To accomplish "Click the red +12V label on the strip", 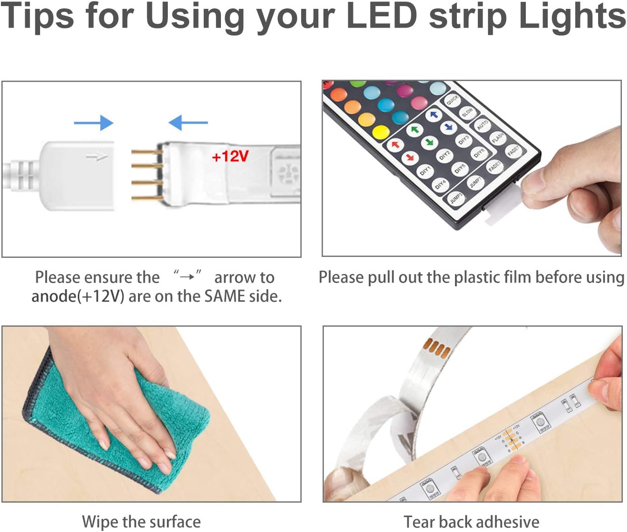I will coord(230,157).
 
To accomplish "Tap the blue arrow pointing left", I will coord(188,123).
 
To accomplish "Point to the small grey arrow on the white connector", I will coord(97,158).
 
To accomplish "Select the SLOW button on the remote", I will coord(467,112).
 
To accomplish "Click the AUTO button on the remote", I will coord(482,124).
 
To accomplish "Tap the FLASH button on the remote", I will coord(498,138).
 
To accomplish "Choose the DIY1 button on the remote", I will coord(425,171).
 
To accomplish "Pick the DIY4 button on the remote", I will coord(440,184).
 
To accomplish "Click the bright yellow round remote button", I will coord(381,132).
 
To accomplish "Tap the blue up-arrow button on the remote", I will coord(434,115).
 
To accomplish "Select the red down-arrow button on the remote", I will coord(409,157).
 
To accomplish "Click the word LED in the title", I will coord(382,16).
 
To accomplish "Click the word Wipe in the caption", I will coord(100,522).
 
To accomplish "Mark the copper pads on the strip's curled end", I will coord(437,349).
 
